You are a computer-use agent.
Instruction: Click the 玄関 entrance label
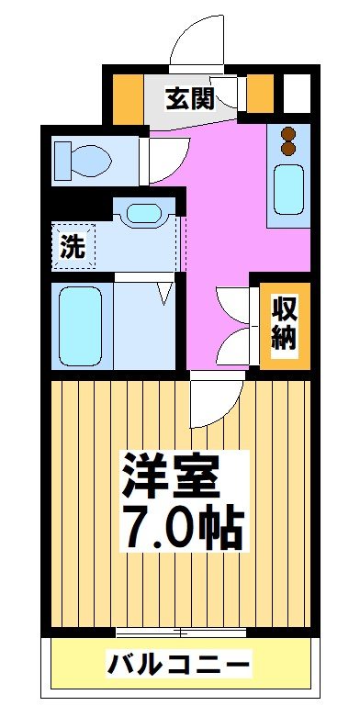(190, 98)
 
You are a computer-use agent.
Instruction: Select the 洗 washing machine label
(72, 245)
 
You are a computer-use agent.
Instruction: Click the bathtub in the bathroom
(82, 326)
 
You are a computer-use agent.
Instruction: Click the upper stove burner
(289, 131)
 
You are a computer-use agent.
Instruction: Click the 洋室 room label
(172, 474)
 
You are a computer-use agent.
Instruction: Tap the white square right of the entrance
(296, 92)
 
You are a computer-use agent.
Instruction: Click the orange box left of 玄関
(128, 93)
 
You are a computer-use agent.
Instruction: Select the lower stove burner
(289, 147)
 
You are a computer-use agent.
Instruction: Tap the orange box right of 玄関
(261, 92)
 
